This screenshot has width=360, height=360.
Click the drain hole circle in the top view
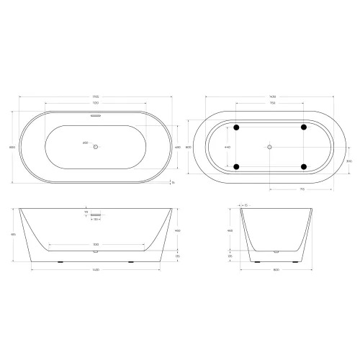[x=96, y=146]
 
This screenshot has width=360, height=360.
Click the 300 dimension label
[x=329, y=161]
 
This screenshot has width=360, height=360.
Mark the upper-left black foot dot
[x=235, y=127]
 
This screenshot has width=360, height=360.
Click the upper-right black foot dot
[x=303, y=127]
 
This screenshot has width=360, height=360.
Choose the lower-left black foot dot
[x=235, y=167]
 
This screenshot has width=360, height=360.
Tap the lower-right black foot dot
[x=303, y=167]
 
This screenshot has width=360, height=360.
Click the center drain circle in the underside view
[x=269, y=147]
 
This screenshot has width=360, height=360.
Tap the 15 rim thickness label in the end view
[x=246, y=204]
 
